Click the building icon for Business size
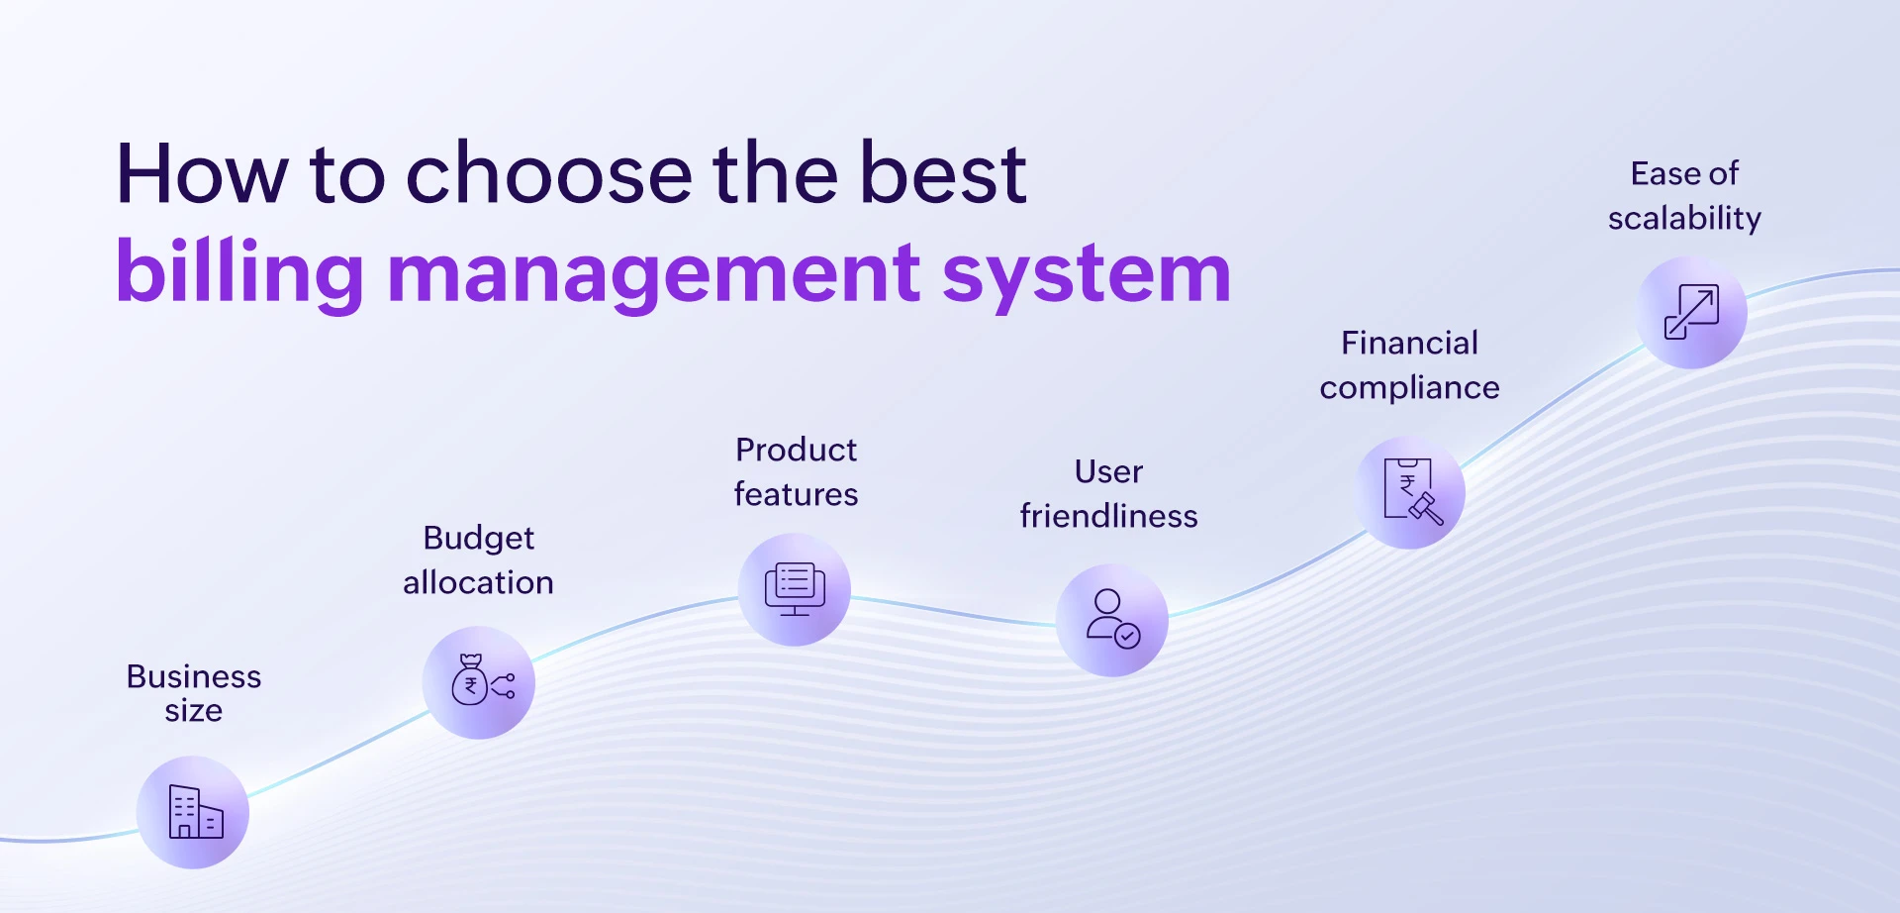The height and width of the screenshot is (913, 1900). (x=194, y=812)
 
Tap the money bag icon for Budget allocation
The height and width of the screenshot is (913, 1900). (x=479, y=682)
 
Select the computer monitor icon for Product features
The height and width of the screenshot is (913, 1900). (x=795, y=589)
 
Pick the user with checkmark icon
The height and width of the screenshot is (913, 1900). (x=1112, y=620)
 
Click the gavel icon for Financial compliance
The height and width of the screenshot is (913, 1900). (x=1411, y=492)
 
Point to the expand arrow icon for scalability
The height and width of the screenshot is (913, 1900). (x=1692, y=313)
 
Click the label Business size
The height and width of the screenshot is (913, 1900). (x=194, y=692)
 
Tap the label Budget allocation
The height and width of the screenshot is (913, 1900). (x=478, y=559)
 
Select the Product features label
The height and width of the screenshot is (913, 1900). (x=796, y=471)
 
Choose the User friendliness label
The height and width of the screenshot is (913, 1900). (x=1108, y=493)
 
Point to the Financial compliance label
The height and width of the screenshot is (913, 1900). (x=1409, y=364)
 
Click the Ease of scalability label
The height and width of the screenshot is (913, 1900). (x=1684, y=195)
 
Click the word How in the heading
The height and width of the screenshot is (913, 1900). (x=202, y=174)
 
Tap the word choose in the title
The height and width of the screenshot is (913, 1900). (x=548, y=174)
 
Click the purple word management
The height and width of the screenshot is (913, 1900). (x=653, y=273)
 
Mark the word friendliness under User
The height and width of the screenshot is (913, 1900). (x=1108, y=516)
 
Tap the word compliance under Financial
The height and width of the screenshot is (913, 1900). (x=1409, y=387)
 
